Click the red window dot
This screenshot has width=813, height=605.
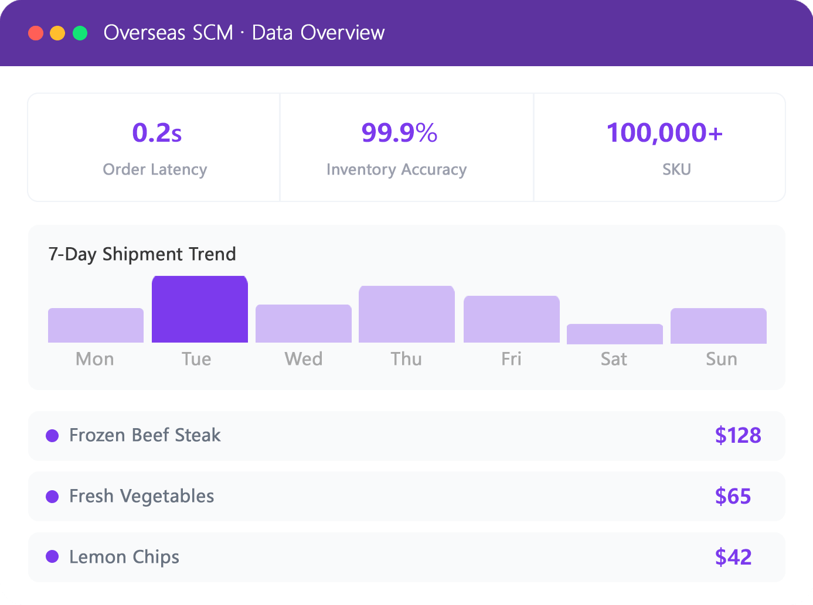(36, 33)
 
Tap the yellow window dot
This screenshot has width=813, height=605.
(57, 33)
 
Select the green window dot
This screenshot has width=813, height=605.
(80, 33)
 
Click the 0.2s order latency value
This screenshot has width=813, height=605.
(157, 132)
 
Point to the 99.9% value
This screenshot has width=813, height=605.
(399, 132)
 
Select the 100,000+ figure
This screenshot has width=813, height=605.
(665, 132)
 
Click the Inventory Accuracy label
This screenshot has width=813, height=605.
(397, 170)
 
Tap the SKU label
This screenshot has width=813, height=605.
(676, 170)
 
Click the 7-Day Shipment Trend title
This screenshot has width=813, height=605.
(142, 254)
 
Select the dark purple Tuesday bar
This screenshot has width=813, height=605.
(200, 309)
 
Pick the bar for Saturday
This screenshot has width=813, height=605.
(615, 334)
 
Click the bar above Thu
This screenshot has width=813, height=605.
(407, 315)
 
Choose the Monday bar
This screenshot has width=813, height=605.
(96, 325)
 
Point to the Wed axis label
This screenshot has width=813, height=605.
(304, 359)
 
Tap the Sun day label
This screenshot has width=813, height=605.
(722, 359)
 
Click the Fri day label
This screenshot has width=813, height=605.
(511, 359)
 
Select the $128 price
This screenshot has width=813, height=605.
(738, 435)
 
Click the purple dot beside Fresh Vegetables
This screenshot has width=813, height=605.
(52, 497)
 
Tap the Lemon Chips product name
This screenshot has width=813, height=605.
(124, 557)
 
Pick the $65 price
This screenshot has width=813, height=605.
(733, 496)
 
